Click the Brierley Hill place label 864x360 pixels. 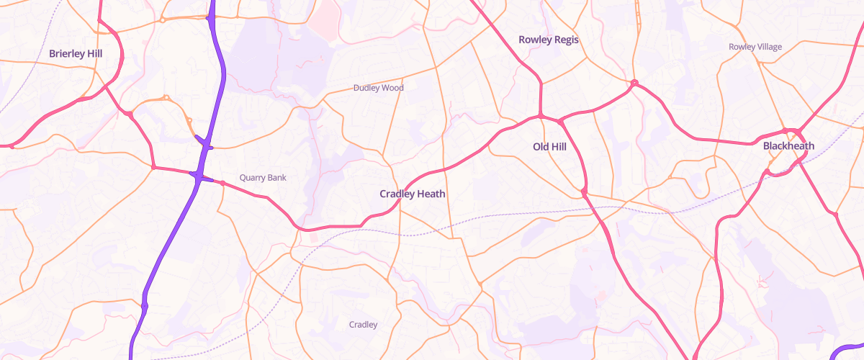tap(76, 53)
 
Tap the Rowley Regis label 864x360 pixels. tap(549, 40)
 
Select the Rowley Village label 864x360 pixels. tap(755, 47)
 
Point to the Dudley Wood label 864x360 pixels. tap(379, 88)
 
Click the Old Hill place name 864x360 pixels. tap(549, 147)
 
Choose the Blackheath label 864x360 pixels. tap(788, 146)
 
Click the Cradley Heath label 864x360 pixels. tap(413, 194)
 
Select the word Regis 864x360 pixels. tap(565, 40)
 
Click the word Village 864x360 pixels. tap(768, 47)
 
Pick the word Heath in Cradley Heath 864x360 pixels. tap(431, 194)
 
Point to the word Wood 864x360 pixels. tap(392, 88)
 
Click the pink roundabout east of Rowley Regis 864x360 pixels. tap(634, 83)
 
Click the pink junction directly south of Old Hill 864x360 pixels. tap(584, 192)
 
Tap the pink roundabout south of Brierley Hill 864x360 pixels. tap(130, 114)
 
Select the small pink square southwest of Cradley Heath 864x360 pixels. tap(313, 237)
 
